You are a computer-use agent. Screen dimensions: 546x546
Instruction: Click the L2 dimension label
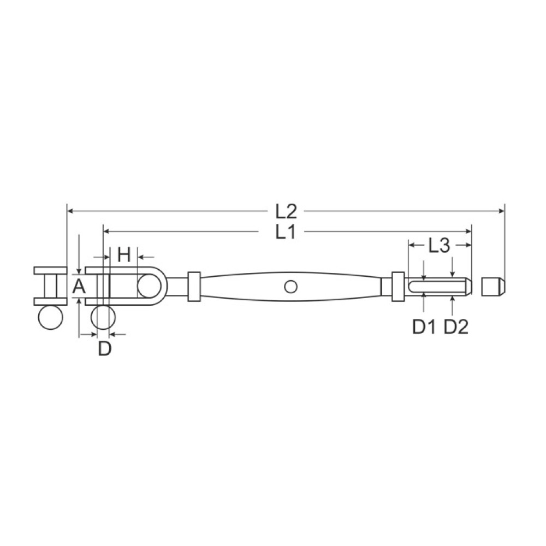[286, 211]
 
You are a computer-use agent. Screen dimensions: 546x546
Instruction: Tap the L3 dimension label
[439, 246]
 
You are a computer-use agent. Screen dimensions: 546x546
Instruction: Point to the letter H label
[124, 254]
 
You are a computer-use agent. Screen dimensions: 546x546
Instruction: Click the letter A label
[79, 287]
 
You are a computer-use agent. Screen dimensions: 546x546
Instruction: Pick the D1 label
[424, 327]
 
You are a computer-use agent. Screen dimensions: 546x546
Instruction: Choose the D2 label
[456, 327]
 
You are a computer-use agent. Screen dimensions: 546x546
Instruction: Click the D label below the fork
[104, 348]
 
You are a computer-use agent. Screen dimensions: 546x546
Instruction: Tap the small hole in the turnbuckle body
[291, 287]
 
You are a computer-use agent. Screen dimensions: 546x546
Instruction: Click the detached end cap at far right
[493, 287]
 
